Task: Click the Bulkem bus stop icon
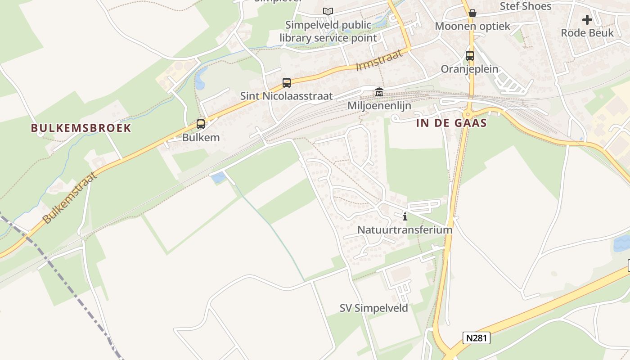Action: (201, 124)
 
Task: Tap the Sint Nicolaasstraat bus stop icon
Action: (287, 83)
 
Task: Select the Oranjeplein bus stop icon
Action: (470, 56)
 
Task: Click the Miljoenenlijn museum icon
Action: (379, 93)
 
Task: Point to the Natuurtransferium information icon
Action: (405, 217)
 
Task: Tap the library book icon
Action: (328, 12)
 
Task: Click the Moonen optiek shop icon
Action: (472, 13)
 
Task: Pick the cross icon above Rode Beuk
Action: (587, 20)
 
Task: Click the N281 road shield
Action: (476, 338)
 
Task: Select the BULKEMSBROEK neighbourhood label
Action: (81, 128)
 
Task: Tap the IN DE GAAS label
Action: (451, 123)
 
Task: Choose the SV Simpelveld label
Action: (373, 308)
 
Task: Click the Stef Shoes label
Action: (526, 6)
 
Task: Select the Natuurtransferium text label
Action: (405, 229)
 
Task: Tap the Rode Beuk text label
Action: (587, 33)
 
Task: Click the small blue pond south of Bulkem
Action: (218, 177)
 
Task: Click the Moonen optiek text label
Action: (472, 26)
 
